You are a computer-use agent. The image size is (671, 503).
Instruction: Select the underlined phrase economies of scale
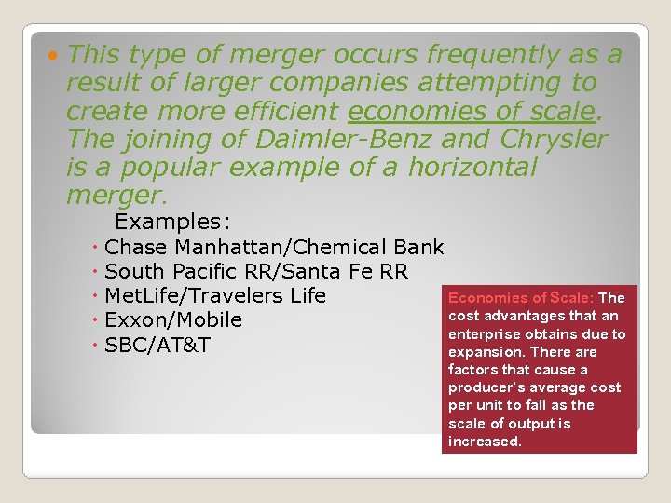coord(471,112)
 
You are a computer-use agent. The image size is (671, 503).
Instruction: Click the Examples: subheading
coord(172,222)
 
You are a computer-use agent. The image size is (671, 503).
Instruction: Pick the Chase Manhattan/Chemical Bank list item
coord(274,248)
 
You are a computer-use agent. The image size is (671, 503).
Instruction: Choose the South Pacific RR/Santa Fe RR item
coord(256,272)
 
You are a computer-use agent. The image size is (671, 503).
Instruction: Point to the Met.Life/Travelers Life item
coord(215,296)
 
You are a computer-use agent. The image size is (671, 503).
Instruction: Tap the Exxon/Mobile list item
coord(173,320)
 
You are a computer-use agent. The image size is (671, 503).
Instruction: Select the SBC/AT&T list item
coord(157,345)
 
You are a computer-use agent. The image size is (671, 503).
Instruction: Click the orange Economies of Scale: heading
coord(520,298)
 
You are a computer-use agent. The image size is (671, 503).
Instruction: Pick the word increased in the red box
coord(484,442)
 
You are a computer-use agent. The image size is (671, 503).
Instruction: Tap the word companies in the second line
coord(338,84)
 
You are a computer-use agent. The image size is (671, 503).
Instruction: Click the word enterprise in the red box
coord(486,334)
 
